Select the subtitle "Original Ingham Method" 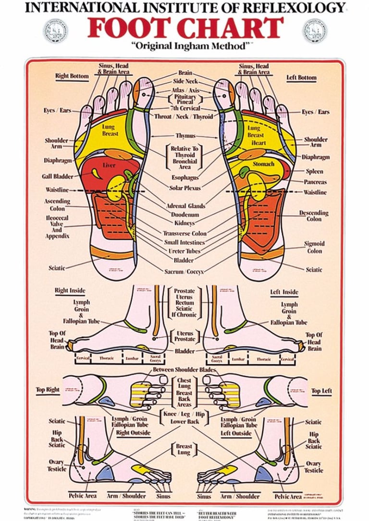coord(185,47)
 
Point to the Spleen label coord(314,171)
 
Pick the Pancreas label coord(315,182)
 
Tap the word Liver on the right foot coord(109,166)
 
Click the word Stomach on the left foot coord(264,164)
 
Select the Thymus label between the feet coord(185,136)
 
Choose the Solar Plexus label coord(184,187)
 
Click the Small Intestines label coord(184,242)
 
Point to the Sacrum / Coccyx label coord(185,272)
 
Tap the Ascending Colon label coord(57,205)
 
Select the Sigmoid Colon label coord(314,247)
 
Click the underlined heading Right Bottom coord(72,76)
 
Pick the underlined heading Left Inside coord(284,292)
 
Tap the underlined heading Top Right coord(48,390)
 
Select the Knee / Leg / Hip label coord(184,414)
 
